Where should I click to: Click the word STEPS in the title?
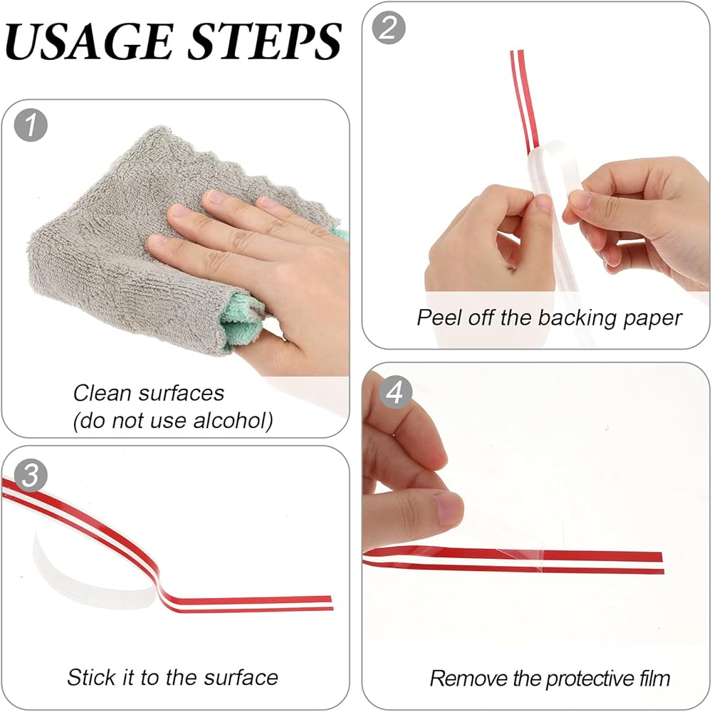264,41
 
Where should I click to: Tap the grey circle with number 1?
31,125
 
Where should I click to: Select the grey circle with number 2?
389,28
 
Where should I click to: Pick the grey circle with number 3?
31,475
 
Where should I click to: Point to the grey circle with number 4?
395,392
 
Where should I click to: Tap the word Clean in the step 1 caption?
102,393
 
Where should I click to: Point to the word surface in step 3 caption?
241,678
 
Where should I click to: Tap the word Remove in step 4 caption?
468,679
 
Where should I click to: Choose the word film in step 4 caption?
654,679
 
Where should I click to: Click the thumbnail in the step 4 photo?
448,508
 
